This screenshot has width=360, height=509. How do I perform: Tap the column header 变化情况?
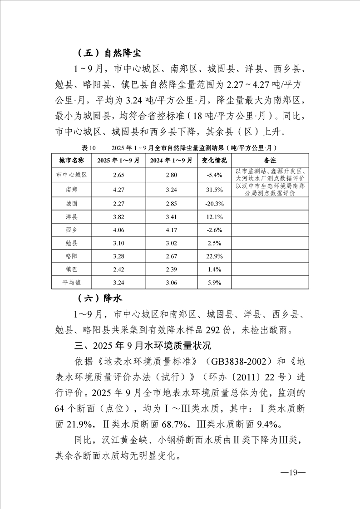coord(214,161)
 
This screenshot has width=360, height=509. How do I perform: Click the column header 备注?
coord(270,161)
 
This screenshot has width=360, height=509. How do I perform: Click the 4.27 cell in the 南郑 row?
coord(118,189)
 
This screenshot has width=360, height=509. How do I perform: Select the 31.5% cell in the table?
coord(214,189)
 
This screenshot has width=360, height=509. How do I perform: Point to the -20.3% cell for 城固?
coord(214,204)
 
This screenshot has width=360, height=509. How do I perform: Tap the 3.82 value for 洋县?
coord(118,217)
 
